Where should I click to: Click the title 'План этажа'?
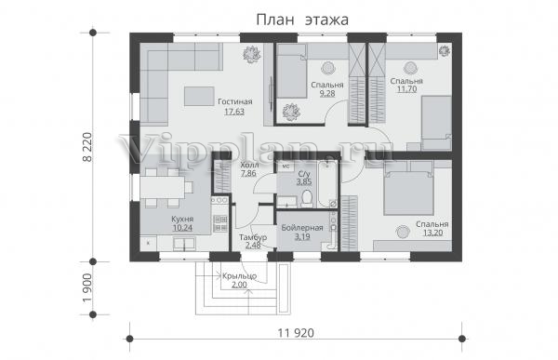click(302, 20)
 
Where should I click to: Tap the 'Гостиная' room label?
click(235, 101)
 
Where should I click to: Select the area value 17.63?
click(234, 112)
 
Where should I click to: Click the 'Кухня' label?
click(182, 219)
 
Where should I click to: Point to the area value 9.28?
click(327, 94)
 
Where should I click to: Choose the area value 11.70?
click(406, 89)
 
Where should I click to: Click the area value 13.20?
click(432, 233)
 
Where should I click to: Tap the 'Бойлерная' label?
click(302, 228)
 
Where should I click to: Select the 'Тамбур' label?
click(253, 237)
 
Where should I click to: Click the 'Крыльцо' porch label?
click(240, 276)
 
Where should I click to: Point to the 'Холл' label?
click(249, 166)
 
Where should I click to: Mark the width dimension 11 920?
click(296, 333)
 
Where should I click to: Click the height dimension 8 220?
click(87, 147)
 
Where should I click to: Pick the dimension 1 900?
click(87, 288)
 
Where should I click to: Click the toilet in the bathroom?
click(306, 199)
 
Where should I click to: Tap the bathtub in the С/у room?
click(327, 184)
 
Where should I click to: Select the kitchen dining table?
click(162, 187)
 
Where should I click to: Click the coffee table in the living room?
click(199, 96)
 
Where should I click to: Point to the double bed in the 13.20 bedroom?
click(408, 193)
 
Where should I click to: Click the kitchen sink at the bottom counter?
click(184, 244)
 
